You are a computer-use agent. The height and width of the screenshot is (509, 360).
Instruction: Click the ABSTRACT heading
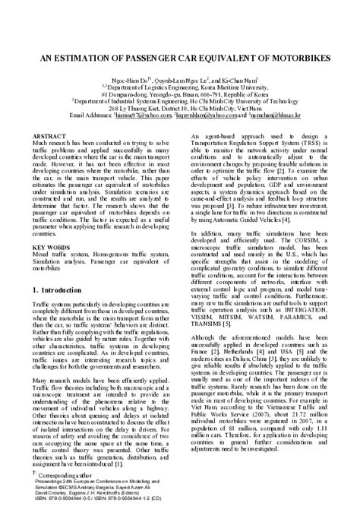click(49, 135)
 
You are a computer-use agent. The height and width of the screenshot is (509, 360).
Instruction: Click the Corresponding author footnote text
click(65, 473)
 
